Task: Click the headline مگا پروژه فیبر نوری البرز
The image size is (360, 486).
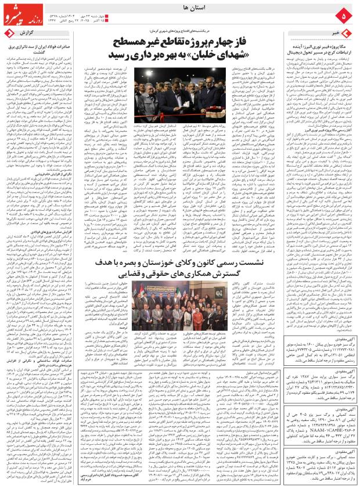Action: [322, 45]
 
